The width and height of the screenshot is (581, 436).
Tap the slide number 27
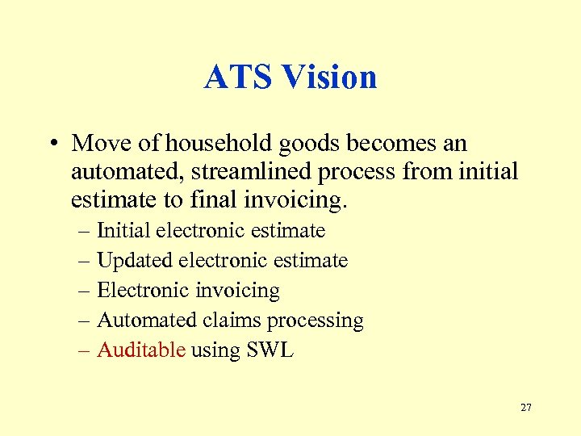pos(525,408)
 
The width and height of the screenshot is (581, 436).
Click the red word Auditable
pos(141,350)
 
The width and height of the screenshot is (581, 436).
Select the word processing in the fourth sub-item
pos(316,321)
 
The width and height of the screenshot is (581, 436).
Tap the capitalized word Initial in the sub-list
pos(123,231)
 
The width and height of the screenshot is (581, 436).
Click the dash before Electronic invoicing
pos(86,291)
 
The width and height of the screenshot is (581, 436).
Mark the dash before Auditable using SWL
pos(86,350)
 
